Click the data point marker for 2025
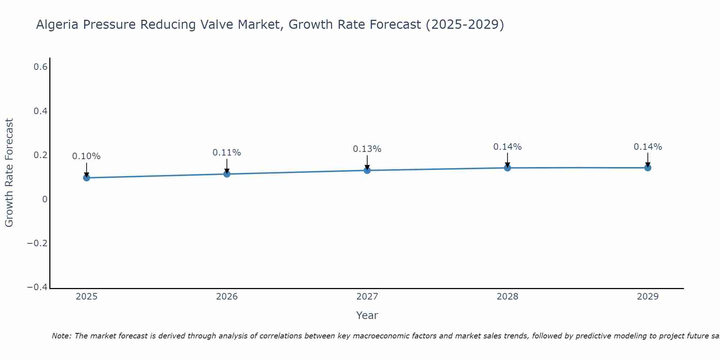click(x=86, y=177)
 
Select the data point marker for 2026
click(x=227, y=174)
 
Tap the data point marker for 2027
click(x=367, y=170)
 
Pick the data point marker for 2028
click(x=508, y=168)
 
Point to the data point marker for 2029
click(x=648, y=167)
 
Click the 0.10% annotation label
click(x=86, y=156)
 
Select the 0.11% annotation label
click(x=227, y=153)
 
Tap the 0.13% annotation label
click(x=367, y=149)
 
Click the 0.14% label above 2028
click(x=508, y=147)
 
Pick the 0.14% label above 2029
click(x=648, y=147)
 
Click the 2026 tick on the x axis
click(x=227, y=297)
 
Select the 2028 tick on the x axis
click(x=508, y=297)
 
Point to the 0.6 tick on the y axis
click(x=41, y=67)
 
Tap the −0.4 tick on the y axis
click(x=37, y=287)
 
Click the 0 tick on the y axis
click(x=45, y=199)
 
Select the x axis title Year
click(x=367, y=315)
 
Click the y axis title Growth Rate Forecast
click(x=9, y=173)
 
